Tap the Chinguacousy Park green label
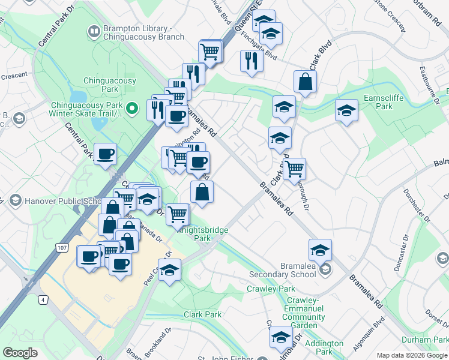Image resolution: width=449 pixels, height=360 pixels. point(109,85)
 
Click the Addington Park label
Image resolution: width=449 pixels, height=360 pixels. point(324,347)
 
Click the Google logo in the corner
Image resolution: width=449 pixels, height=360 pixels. point(20,353)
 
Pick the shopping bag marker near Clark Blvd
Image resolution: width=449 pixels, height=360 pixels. point(305,82)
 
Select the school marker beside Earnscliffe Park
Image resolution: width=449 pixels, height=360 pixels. point(346,110)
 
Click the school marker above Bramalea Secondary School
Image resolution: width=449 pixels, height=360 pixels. point(320,249)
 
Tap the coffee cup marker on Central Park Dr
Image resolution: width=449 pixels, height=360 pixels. point(105,154)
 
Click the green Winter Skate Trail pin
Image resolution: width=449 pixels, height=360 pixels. point(134,109)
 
